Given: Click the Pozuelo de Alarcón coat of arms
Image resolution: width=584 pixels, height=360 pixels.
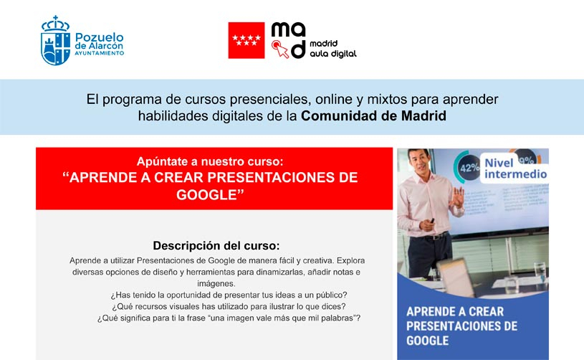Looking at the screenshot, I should pyautogui.click(x=55, y=42).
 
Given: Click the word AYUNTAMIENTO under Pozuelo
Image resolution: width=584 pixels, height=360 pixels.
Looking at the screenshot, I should pyautogui.click(x=99, y=53).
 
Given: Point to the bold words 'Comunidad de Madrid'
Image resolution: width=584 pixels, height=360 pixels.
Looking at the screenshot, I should pyautogui.click(x=373, y=116).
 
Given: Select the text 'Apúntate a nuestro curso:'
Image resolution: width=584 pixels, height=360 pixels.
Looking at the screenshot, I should pyautogui.click(x=214, y=161).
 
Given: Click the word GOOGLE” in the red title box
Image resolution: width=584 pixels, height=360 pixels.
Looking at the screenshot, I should pyautogui.click(x=214, y=195).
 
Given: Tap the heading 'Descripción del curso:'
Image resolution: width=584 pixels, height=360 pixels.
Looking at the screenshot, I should pyautogui.click(x=214, y=245).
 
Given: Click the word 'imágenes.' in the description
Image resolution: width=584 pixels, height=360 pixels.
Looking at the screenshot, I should pyautogui.click(x=214, y=284).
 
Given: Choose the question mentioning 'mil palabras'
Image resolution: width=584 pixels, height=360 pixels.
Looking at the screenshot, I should pyautogui.click(x=229, y=318).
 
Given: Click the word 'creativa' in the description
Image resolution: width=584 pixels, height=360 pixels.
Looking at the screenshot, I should pyautogui.click(x=305, y=260).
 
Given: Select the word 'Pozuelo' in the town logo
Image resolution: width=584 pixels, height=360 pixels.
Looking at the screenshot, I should pyautogui.click(x=99, y=35).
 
